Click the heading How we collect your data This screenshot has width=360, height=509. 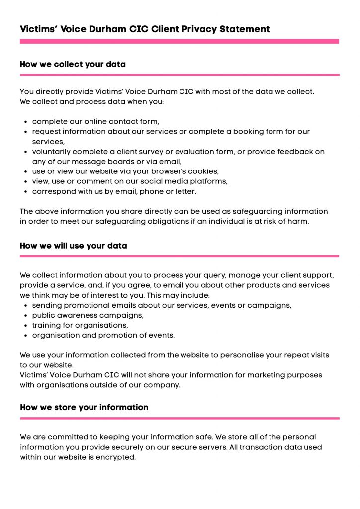coord(73,64)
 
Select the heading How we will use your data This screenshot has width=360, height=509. coord(73,246)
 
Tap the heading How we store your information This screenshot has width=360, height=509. coord(84,407)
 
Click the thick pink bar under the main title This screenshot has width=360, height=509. coord(180,42)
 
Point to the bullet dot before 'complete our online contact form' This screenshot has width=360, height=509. coord(25,122)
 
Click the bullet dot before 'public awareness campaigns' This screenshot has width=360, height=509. coord(25,316)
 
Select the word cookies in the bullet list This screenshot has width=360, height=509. coord(204,171)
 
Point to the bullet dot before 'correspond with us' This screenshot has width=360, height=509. coord(25,191)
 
